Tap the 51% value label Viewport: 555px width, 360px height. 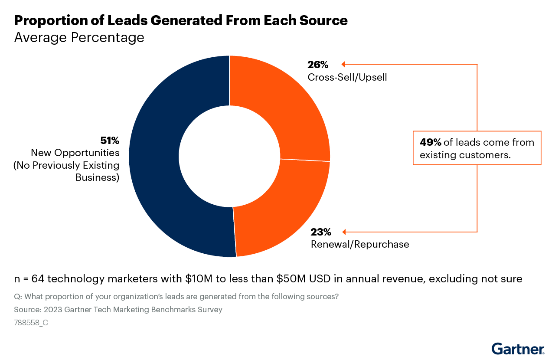pyautogui.click(x=110, y=141)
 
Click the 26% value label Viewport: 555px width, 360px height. pyautogui.click(x=318, y=65)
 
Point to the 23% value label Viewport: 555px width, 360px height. pyautogui.click(x=321, y=232)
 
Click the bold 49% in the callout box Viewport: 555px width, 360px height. pyautogui.click(x=430, y=142)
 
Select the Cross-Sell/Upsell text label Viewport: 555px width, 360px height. pyautogui.click(x=347, y=77)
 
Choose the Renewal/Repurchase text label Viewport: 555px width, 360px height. pyautogui.click(x=360, y=244)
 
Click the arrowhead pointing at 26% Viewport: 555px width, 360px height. pyautogui.click(x=343, y=65)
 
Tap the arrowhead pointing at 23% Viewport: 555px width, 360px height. pyautogui.click(x=344, y=232)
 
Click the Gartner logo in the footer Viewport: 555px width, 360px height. pyautogui.click(x=518, y=349)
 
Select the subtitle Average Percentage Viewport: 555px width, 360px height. pyautogui.click(x=79, y=37)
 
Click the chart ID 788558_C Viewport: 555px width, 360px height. pyautogui.click(x=31, y=322)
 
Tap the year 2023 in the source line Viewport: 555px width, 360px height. pyautogui.click(x=51, y=309)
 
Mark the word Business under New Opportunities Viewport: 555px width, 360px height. pyautogui.click(x=97, y=177)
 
